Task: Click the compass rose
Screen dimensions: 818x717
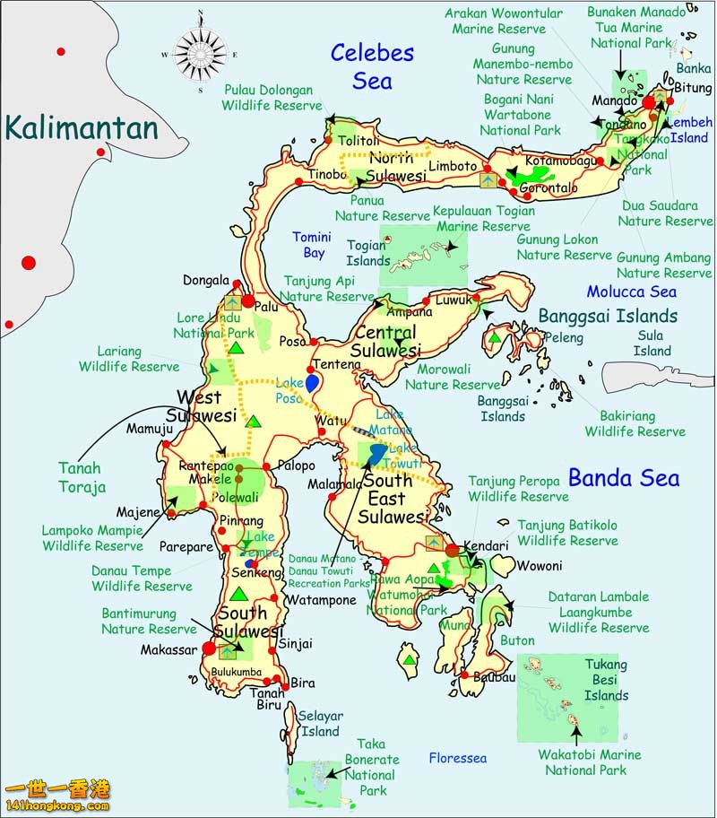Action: [199, 55]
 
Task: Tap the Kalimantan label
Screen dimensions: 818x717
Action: [81, 128]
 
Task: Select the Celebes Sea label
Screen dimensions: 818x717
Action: [372, 66]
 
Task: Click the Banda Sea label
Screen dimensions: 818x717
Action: [624, 478]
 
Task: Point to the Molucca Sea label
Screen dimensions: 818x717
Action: [631, 292]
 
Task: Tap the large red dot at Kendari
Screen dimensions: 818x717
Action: [453, 550]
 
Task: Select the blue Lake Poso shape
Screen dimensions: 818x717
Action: [312, 383]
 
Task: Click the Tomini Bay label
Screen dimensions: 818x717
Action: [312, 245]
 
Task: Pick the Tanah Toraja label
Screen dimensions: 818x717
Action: [81, 477]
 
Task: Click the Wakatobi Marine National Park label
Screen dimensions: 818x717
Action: [590, 762]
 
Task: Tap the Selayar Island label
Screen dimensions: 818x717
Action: [320, 724]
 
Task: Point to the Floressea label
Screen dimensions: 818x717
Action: [457, 759]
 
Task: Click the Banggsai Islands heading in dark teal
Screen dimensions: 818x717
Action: [608, 316]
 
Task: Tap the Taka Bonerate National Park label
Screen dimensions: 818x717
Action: [371, 768]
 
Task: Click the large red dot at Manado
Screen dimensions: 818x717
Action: [650, 104]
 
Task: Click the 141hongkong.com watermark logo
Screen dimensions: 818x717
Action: [58, 796]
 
